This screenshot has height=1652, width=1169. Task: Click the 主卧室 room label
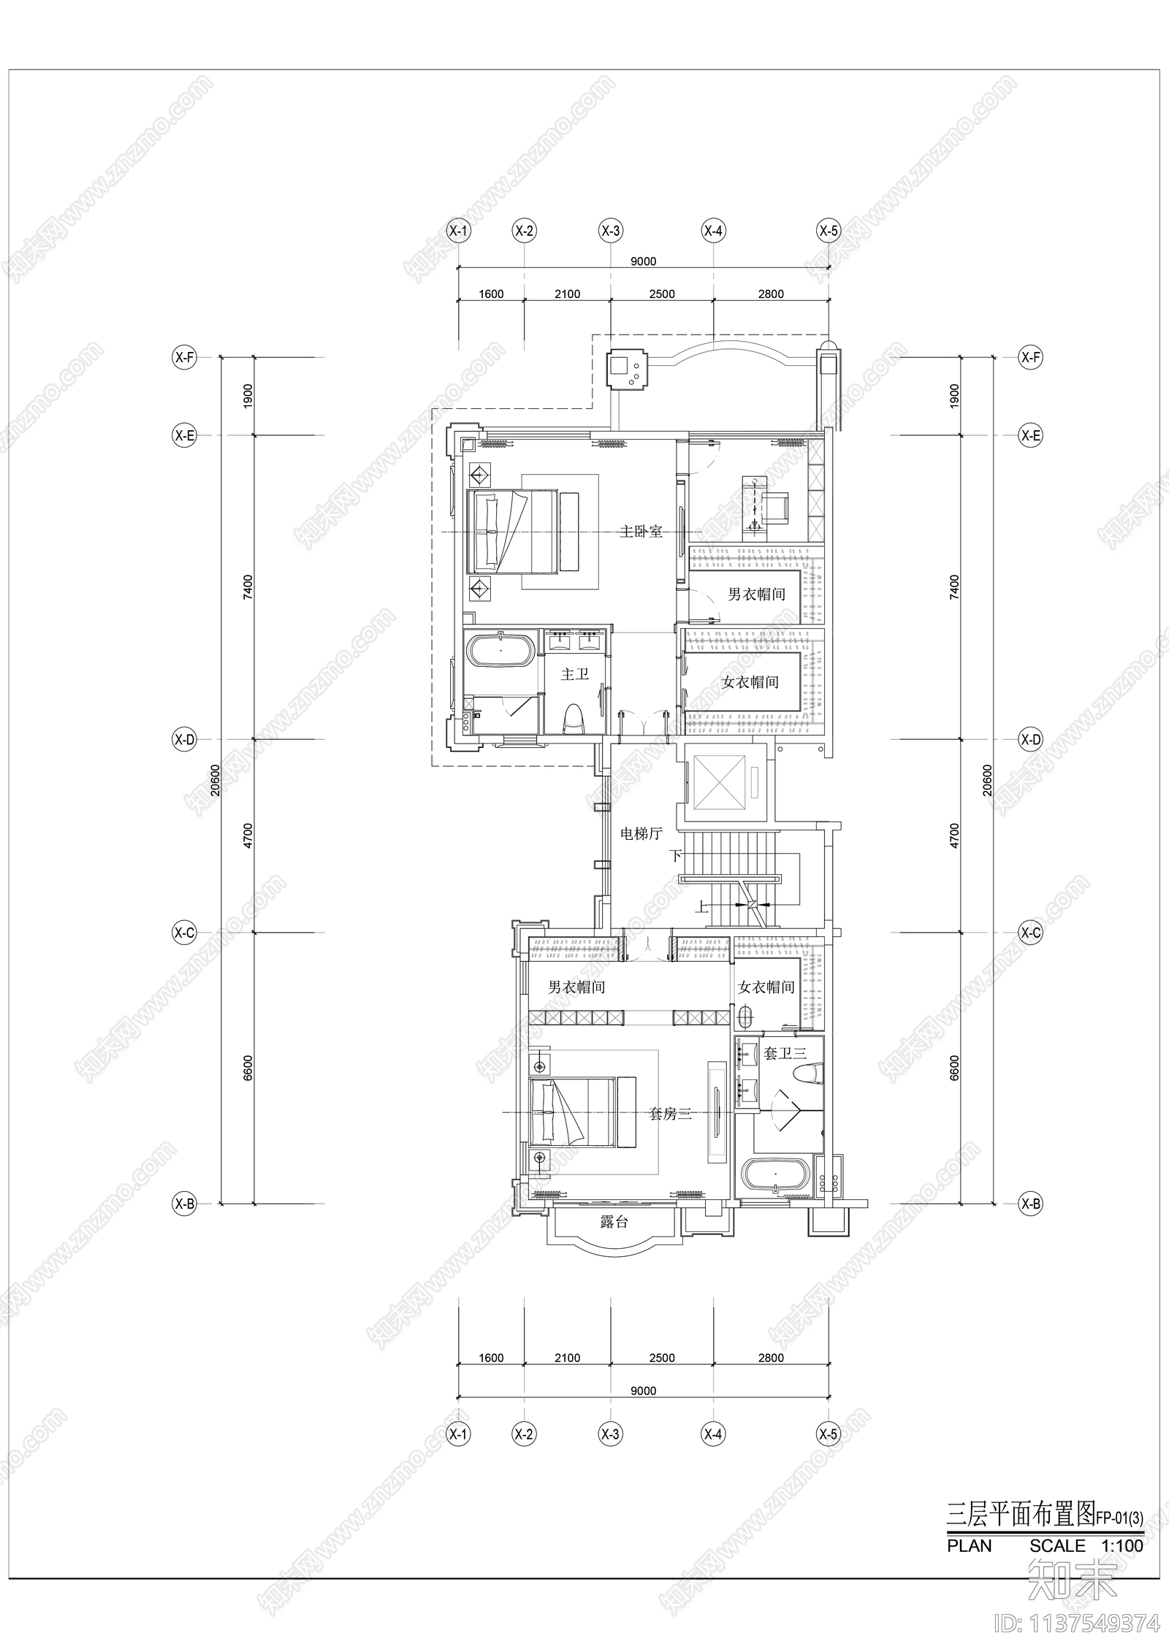click(x=641, y=532)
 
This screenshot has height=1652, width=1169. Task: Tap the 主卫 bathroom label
click(x=574, y=674)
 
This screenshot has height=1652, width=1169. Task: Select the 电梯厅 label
click(x=641, y=833)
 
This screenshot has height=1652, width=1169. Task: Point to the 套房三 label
click(x=670, y=1114)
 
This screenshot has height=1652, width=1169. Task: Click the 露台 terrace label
click(x=614, y=1222)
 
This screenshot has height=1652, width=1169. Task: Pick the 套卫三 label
click(x=785, y=1054)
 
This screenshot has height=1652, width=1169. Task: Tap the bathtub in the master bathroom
click(x=500, y=651)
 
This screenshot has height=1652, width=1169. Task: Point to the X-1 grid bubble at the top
click(x=459, y=232)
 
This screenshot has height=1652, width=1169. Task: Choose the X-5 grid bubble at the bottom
click(x=829, y=1454)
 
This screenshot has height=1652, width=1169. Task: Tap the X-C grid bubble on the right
click(x=1030, y=933)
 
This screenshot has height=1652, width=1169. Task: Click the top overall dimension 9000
click(x=643, y=261)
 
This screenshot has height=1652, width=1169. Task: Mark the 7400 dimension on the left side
click(x=248, y=587)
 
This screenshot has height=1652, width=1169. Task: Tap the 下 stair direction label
click(x=676, y=855)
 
